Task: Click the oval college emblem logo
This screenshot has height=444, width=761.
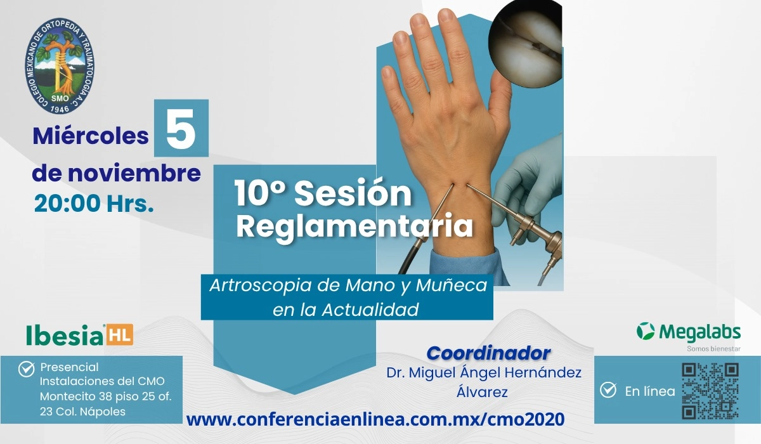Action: coord(60,66)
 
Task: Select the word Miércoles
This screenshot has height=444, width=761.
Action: coord(91,136)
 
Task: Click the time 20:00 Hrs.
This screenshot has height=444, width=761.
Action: coord(94,203)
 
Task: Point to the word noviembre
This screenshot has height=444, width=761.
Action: coord(134,173)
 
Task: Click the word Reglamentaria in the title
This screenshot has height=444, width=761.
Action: coord(354,226)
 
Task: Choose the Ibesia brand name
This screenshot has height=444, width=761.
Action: coord(65,335)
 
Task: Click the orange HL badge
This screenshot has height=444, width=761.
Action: coord(120,335)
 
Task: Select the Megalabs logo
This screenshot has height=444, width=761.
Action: coord(688,332)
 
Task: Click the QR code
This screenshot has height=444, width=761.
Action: coord(710,391)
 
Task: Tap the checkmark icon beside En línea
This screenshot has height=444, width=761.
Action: coord(608,390)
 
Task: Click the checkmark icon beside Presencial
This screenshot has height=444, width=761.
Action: coord(27,369)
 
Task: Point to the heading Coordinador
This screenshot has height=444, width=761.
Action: coord(488,353)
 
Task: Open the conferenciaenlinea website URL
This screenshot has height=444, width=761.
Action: coord(375,419)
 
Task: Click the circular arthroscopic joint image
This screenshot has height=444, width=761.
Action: coord(525,44)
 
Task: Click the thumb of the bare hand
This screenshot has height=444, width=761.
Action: coord(500,102)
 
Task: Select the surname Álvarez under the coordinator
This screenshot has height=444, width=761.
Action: coord(482,393)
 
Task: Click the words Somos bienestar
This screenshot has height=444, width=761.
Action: coord(713,349)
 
